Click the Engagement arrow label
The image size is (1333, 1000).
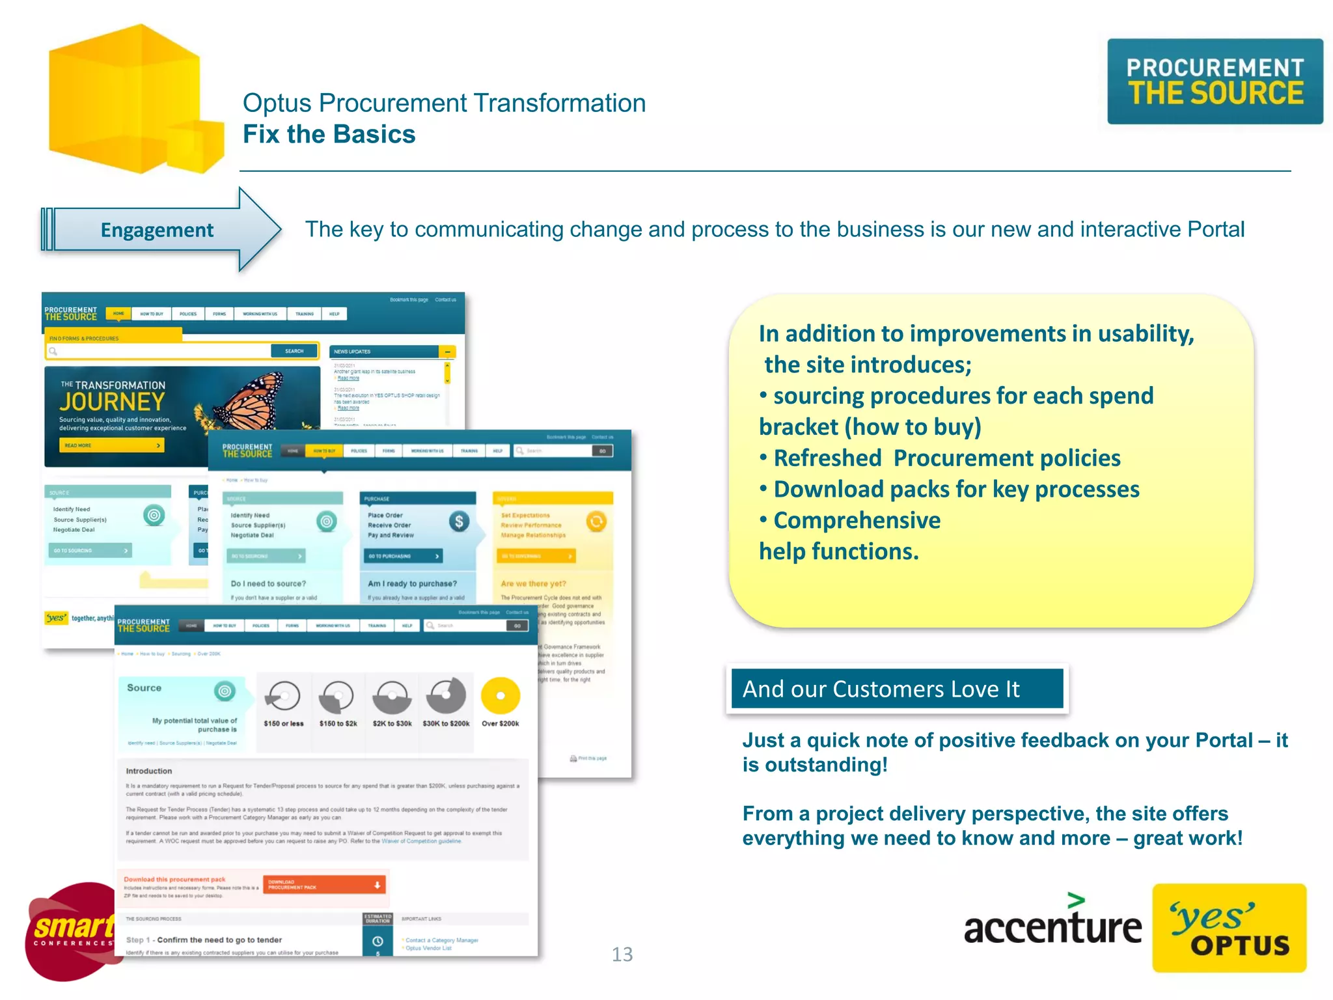[x=157, y=230]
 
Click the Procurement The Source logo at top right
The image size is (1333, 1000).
[x=1215, y=81]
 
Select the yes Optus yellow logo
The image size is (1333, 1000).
[x=1229, y=928]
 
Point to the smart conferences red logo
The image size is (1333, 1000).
[x=70, y=931]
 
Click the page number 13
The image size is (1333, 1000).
[x=622, y=954]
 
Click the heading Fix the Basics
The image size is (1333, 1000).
[x=329, y=134]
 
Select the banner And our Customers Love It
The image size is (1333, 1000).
[x=896, y=689]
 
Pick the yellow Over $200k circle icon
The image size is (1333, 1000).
[x=501, y=696]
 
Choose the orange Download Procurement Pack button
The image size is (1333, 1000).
[x=324, y=885]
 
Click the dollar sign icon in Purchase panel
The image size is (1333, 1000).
[x=459, y=521]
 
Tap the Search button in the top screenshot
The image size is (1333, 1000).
[x=294, y=351]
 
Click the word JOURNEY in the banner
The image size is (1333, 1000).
[x=112, y=402]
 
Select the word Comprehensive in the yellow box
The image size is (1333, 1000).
[x=857, y=520]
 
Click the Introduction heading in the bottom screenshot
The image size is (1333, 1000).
[x=149, y=771]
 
